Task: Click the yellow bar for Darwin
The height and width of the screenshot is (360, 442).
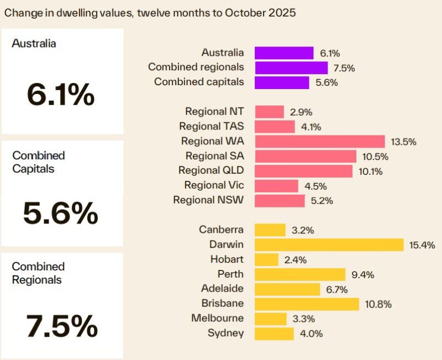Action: (x=329, y=244)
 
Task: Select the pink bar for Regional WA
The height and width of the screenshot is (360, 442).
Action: (x=320, y=141)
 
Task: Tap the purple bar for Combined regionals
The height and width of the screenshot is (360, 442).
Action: (x=291, y=67)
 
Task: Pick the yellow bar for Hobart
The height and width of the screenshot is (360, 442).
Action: (x=266, y=259)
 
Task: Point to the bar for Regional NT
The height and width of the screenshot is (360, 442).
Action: (x=269, y=112)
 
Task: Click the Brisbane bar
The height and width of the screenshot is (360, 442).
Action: (x=307, y=304)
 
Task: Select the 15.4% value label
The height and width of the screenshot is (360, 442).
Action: (x=422, y=245)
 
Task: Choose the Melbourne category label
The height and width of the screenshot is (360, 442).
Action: (x=217, y=318)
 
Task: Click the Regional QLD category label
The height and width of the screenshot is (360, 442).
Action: (x=211, y=170)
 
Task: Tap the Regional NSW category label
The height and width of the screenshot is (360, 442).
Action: (x=208, y=200)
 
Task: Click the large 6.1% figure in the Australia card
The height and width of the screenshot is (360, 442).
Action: (x=60, y=96)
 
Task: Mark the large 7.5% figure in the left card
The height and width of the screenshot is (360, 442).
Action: (x=61, y=326)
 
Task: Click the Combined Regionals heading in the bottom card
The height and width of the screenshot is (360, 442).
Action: (x=37, y=273)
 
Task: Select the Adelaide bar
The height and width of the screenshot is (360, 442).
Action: (x=287, y=289)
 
